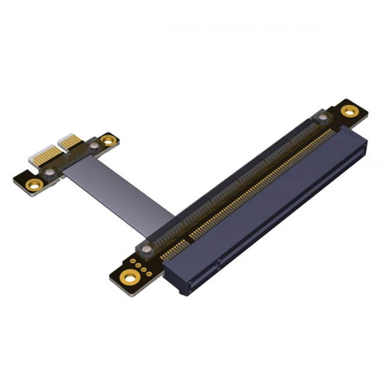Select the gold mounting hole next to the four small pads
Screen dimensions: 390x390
tap(128, 275)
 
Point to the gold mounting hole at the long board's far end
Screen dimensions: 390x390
tap(349, 110)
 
